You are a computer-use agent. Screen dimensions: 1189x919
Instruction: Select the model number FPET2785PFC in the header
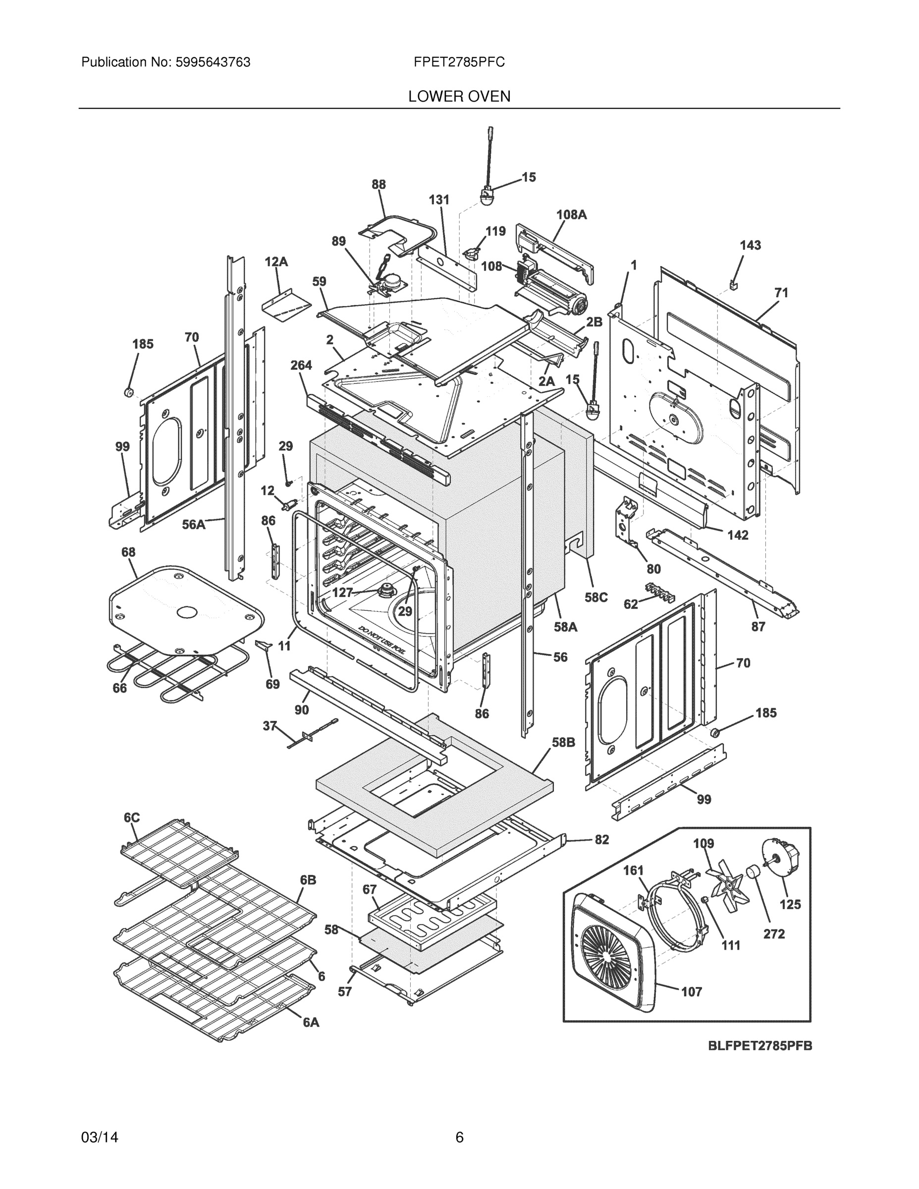point(459,62)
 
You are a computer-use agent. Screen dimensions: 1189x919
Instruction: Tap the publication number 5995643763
point(213,62)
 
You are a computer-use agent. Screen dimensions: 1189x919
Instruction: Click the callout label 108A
point(571,215)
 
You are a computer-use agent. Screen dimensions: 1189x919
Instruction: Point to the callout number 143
point(750,245)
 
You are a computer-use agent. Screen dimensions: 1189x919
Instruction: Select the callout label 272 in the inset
point(774,934)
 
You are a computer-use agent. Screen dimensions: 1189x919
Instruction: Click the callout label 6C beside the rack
point(131,818)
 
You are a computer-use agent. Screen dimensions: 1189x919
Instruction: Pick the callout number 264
point(301,365)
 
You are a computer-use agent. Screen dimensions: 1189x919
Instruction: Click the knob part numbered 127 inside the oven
point(389,590)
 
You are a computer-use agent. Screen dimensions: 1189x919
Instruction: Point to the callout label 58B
point(563,742)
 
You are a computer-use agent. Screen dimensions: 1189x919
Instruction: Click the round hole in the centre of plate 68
point(186,612)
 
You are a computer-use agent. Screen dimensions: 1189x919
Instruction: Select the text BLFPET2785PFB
point(759,1046)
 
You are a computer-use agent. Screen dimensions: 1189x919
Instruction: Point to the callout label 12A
point(276,262)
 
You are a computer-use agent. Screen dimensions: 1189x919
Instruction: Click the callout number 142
point(738,535)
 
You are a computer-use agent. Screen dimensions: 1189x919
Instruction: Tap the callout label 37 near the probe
point(270,726)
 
